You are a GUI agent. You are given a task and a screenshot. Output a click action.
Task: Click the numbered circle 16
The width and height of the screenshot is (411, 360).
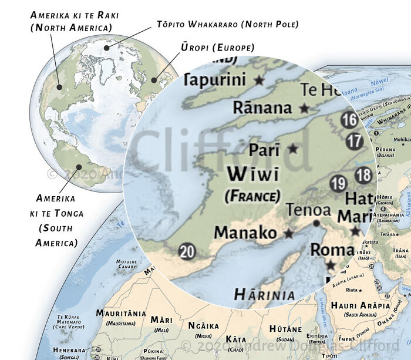tap(350, 120)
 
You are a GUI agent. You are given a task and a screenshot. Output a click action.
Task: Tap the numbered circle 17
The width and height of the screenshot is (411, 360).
tap(355, 141)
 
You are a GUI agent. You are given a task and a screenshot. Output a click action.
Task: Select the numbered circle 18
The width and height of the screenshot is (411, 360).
tap(364, 175)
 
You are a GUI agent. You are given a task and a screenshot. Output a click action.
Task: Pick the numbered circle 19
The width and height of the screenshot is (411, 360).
tap(338, 184)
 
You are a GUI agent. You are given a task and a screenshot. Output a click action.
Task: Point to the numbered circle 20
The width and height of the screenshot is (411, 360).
tap(187, 252)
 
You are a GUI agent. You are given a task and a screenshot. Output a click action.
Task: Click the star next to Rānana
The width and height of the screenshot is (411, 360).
tap(304, 109)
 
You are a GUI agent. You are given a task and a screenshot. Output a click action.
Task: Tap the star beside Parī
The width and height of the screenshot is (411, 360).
tap(292, 149)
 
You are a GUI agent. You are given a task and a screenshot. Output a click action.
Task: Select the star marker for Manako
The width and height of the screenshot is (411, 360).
tap(288, 233)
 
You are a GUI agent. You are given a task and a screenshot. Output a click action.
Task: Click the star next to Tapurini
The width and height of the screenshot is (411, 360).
tap(258, 80)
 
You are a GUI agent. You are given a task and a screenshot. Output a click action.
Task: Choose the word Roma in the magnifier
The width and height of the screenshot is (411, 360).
tap(332, 249)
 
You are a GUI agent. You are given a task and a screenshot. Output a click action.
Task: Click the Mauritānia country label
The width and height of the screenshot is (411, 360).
tap(121, 314)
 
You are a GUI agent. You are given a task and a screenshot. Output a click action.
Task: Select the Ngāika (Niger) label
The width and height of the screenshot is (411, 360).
tap(203, 325)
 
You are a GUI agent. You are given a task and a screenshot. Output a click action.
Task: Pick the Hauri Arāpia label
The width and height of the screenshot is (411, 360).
tap(360, 305)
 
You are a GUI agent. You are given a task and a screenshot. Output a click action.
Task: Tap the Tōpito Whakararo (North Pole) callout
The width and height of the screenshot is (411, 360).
tap(228, 24)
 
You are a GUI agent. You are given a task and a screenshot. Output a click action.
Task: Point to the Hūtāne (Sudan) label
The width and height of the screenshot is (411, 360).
tap(285, 329)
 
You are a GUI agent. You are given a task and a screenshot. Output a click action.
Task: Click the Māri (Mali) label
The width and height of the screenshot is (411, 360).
tap(161, 319)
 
